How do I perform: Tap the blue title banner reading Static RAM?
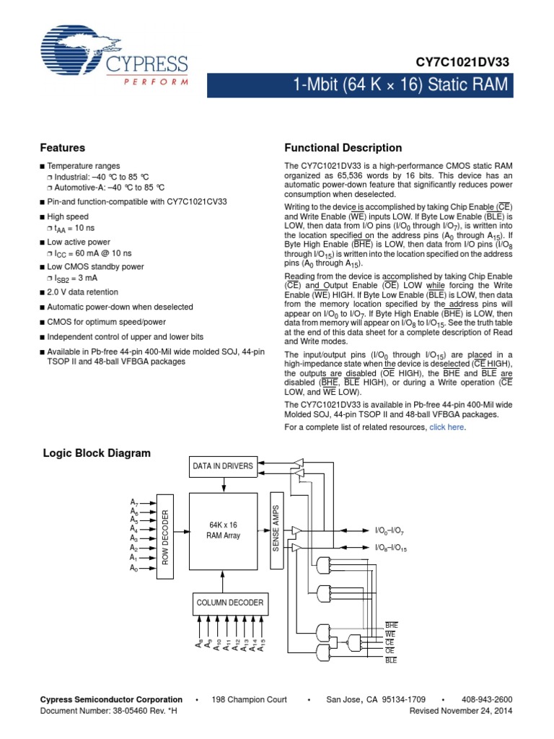coord(401,86)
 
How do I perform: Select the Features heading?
coord(63,148)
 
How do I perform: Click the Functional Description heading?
coord(343,148)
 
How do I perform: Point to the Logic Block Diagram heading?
coord(97,453)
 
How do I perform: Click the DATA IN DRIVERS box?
coord(223,466)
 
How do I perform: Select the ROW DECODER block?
coord(165,535)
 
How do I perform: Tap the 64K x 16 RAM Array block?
coord(223,530)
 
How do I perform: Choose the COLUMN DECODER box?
coord(229,603)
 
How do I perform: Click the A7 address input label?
coord(134,502)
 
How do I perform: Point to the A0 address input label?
coord(134,569)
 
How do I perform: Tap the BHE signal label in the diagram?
coord(392,624)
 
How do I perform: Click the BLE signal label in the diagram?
coord(391,660)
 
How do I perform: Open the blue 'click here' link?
coord(447,427)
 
